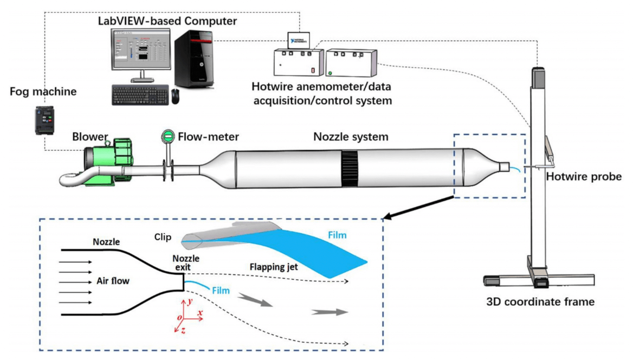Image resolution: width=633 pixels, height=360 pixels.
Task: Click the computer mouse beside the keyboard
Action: [175, 96]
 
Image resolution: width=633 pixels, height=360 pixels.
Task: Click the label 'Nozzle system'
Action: [351, 137]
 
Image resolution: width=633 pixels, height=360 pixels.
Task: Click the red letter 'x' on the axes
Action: [201, 313]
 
